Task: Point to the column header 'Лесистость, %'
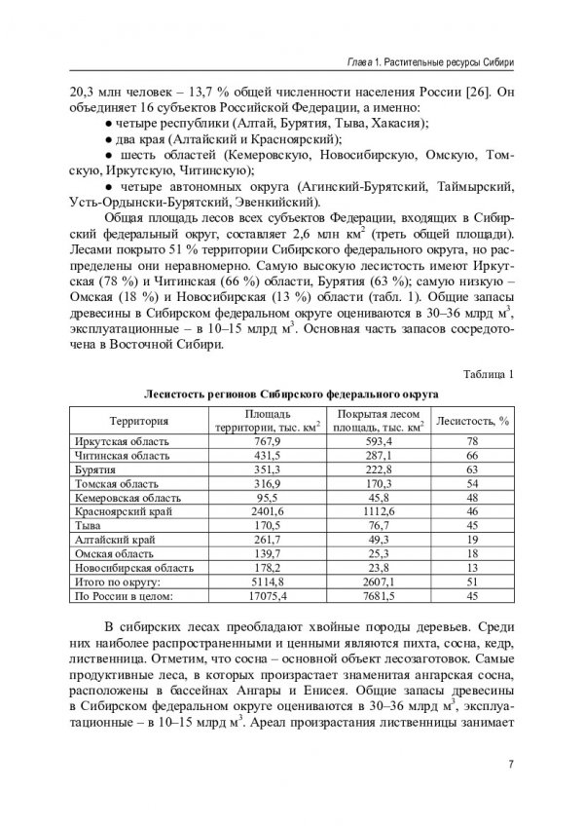tap(471, 421)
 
